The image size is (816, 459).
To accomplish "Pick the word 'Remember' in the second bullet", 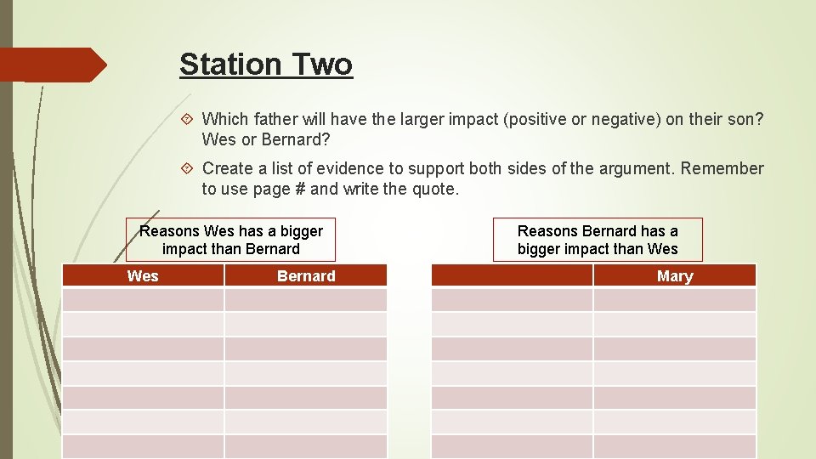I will tap(722, 168).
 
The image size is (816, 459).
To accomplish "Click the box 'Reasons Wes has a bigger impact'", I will tap(230, 240).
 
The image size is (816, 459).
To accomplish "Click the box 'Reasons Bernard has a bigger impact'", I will tap(598, 240).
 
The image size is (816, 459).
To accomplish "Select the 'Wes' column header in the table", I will tap(143, 275).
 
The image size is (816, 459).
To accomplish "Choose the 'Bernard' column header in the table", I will tap(306, 275).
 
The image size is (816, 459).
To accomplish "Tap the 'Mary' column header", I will tap(674, 275).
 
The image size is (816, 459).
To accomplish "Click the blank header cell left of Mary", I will tap(512, 275).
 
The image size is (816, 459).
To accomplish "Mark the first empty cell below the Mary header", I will tap(674, 300).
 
